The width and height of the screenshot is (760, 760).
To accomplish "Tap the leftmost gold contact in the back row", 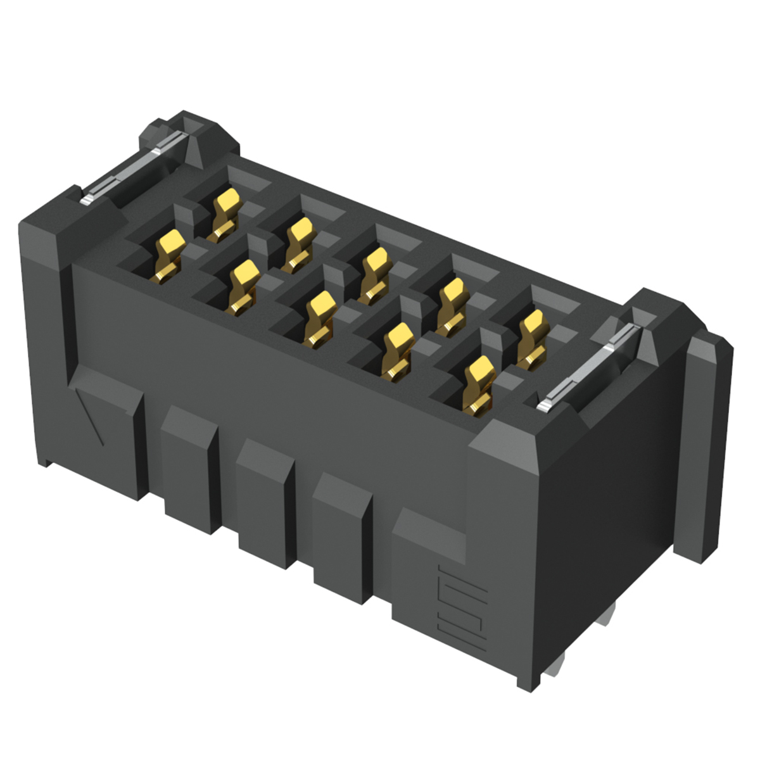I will pyautogui.click(x=225, y=213).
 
